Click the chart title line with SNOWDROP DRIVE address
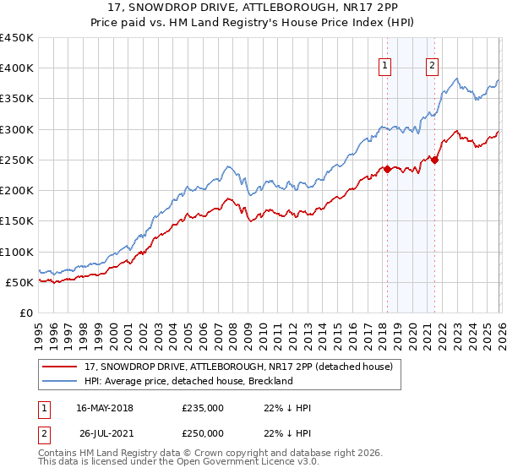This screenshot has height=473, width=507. [x=253, y=8]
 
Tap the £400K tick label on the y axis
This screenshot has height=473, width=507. [x=17, y=68]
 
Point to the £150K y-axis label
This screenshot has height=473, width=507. [x=17, y=221]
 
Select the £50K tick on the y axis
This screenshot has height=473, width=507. [x=20, y=282]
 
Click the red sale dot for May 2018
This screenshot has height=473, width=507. [x=387, y=169]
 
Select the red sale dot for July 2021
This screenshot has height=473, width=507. [x=434, y=160]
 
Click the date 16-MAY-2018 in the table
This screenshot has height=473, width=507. [x=104, y=408]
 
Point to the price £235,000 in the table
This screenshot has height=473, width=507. [x=203, y=408]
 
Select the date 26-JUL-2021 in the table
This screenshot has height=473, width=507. [x=104, y=433]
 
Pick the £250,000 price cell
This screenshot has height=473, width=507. [x=203, y=433]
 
